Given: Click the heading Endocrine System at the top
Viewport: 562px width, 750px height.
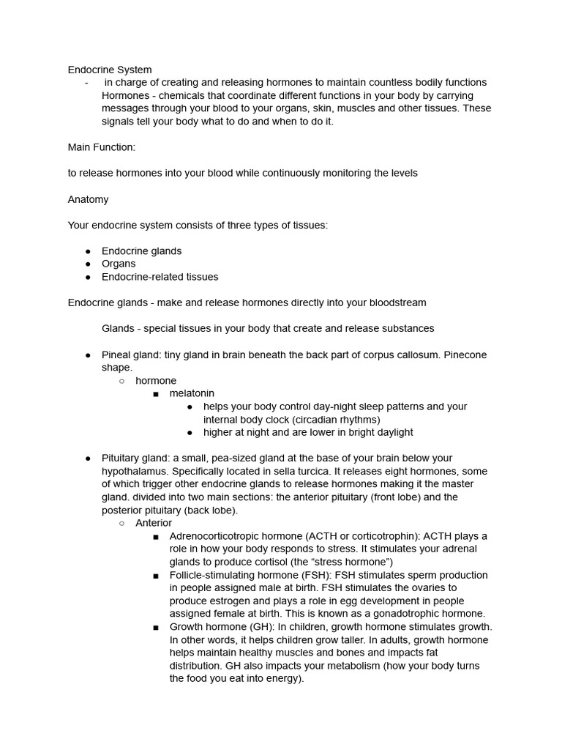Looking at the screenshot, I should coord(110,70).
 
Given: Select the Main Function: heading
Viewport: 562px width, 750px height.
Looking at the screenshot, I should coord(102,147).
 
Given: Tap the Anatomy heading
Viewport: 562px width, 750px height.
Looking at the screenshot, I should coord(88,199).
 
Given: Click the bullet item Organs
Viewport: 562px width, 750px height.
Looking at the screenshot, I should coord(119,264).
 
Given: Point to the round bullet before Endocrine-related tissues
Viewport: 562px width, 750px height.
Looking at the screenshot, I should coord(88,277).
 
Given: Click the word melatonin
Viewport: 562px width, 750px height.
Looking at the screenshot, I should coord(192,393).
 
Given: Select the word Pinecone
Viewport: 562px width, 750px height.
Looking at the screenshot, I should coord(463,354).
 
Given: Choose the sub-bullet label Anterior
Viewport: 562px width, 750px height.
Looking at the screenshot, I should coord(154,523).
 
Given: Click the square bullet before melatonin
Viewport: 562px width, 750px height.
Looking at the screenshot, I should coord(156,394).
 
